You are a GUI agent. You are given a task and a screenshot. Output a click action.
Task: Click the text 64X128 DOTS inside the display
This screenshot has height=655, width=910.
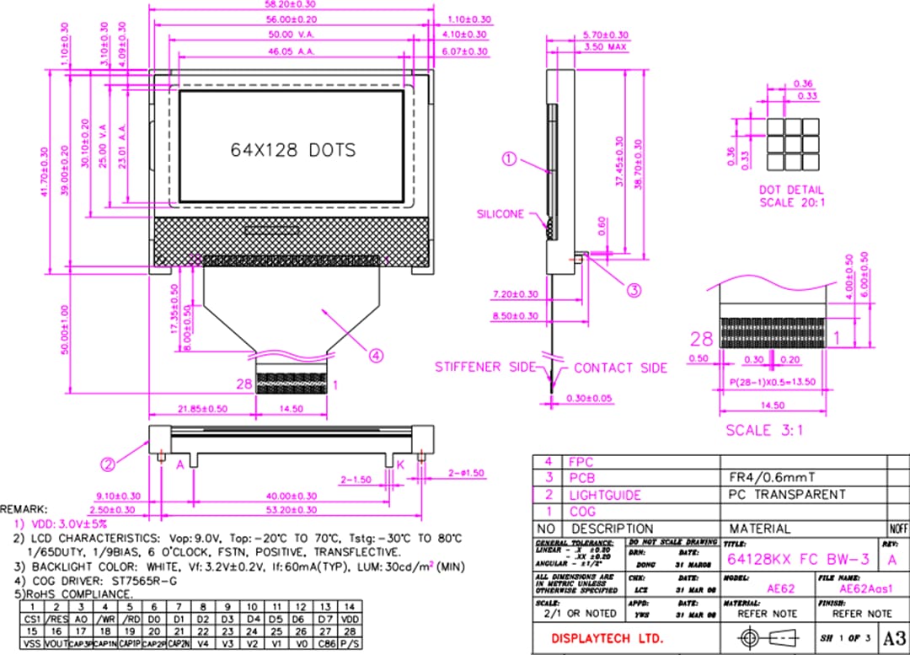(x=293, y=150)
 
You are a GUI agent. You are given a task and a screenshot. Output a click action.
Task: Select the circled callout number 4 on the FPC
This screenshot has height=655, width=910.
(x=377, y=354)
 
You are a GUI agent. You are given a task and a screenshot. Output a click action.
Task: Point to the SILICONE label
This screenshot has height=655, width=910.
(x=500, y=214)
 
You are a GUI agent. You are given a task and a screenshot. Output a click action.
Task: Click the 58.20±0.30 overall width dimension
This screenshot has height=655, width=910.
(x=292, y=5)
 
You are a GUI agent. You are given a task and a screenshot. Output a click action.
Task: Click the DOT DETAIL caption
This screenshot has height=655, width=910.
(x=791, y=190)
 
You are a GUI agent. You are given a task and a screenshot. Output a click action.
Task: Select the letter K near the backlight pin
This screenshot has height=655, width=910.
(x=400, y=464)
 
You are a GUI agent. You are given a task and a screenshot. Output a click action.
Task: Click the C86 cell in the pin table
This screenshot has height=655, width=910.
(x=324, y=643)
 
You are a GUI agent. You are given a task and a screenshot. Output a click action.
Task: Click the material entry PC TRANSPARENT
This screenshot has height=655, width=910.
(x=785, y=494)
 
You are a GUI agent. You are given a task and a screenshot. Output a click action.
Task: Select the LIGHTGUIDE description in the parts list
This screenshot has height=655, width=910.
(x=604, y=495)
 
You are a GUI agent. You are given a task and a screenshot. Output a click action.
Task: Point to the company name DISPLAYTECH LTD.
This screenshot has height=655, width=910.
(x=607, y=637)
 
